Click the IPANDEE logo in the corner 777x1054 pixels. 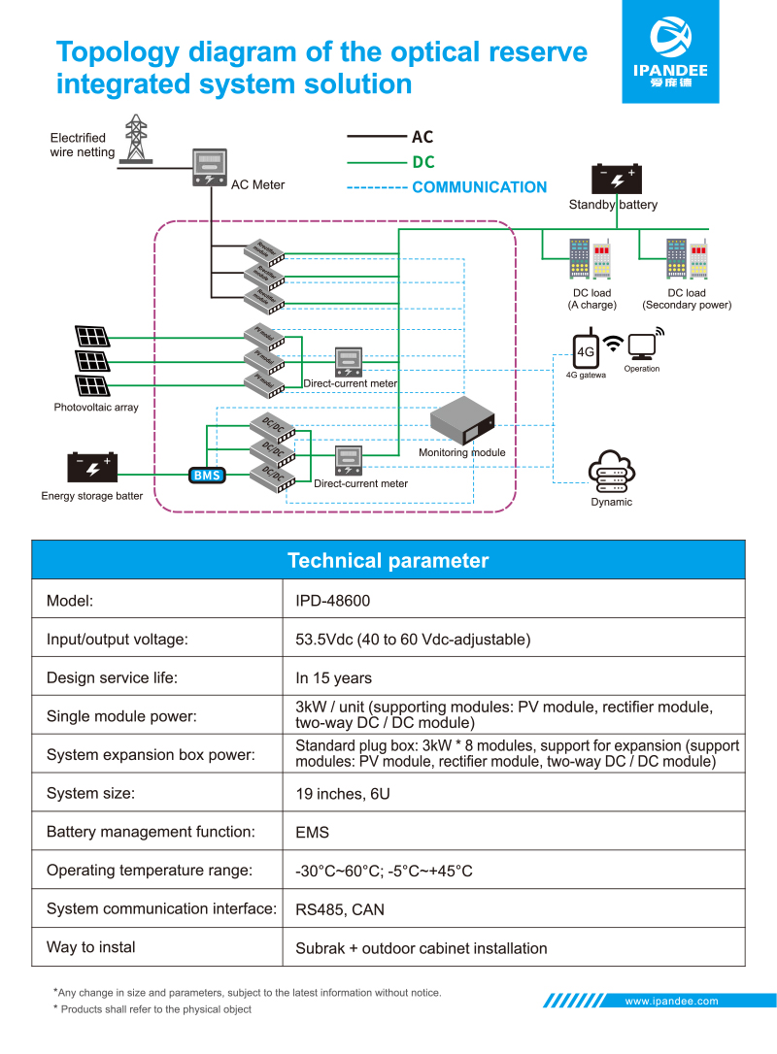pyautogui.click(x=670, y=51)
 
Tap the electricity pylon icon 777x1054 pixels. pyautogui.click(x=136, y=139)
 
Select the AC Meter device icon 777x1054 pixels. pyautogui.click(x=210, y=167)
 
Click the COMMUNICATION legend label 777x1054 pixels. pyautogui.click(x=479, y=187)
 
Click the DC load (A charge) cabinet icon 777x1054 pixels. pyautogui.click(x=591, y=259)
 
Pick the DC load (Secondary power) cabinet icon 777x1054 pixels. pyautogui.click(x=687, y=259)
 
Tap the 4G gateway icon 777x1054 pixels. pyautogui.click(x=586, y=350)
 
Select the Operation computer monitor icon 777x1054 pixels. pyautogui.click(x=642, y=346)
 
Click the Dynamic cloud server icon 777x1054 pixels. pyautogui.click(x=612, y=473)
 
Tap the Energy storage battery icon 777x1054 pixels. pyautogui.click(x=92, y=468)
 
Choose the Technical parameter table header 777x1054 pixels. pyautogui.click(x=388, y=561)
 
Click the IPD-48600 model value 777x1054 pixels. pyautogui.click(x=332, y=601)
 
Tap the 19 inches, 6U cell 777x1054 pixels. pyautogui.click(x=342, y=794)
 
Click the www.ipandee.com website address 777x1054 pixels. pyautogui.click(x=671, y=1001)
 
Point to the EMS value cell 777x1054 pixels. pyautogui.click(x=312, y=833)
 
